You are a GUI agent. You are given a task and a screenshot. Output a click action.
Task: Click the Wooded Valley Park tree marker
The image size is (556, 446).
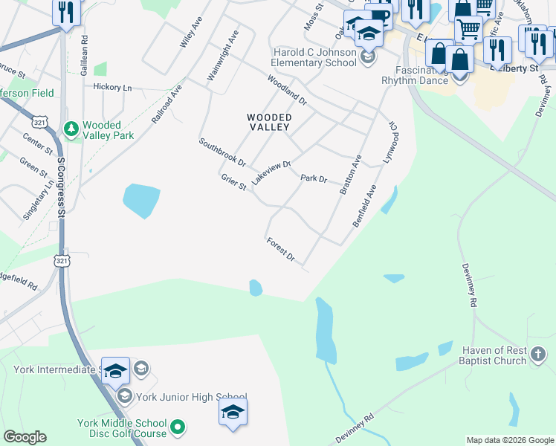pyautogui.click(x=71, y=130)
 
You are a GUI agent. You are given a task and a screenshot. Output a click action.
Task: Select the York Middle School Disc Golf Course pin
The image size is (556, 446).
pyautogui.click(x=177, y=427)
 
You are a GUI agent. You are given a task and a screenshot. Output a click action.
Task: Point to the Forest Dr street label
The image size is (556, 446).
pyautogui.click(x=281, y=250)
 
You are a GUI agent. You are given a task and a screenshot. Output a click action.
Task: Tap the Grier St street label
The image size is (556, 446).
pyautogui.click(x=233, y=181)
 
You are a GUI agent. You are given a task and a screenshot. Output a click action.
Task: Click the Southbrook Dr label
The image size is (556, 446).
pyautogui.click(x=222, y=152)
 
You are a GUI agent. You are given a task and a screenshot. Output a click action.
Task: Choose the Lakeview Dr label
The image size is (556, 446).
pyautogui.click(x=271, y=172)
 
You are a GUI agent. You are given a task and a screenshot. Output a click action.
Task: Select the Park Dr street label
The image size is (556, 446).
pyautogui.click(x=314, y=178)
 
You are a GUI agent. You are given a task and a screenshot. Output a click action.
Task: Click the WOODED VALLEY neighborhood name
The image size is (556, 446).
pyautogui.click(x=269, y=122)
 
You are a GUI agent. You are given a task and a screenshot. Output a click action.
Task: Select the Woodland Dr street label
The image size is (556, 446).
pyautogui.click(x=287, y=89)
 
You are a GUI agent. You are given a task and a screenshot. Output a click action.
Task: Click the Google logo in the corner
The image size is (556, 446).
pyautogui.click(x=25, y=437)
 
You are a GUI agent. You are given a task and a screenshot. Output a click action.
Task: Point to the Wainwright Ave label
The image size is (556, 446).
pyautogui.click(x=223, y=51)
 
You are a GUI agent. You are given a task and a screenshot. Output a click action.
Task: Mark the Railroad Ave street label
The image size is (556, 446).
pyautogui.click(x=167, y=103)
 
